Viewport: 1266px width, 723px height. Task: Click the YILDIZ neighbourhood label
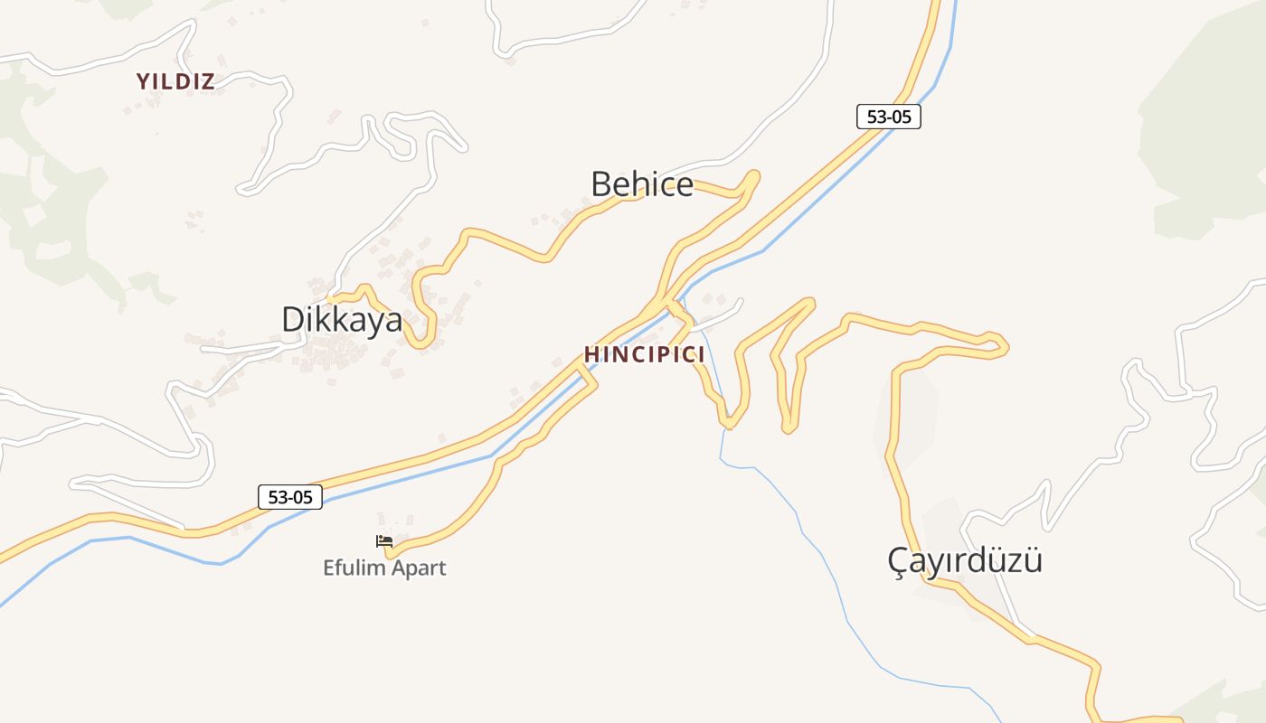click(175, 81)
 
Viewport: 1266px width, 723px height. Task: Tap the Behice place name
click(642, 184)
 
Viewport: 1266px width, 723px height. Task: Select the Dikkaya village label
click(342, 320)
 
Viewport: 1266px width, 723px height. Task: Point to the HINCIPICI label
click(645, 354)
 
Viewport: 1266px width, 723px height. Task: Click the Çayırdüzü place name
click(965, 560)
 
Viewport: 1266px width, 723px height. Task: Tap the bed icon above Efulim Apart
click(384, 541)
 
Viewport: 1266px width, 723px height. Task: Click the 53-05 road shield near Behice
click(889, 117)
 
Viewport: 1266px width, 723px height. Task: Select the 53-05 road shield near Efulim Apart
click(290, 496)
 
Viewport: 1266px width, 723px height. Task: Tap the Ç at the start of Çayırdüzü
click(898, 560)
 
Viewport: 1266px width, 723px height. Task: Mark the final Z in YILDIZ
click(208, 81)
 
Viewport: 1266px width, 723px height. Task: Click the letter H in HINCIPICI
click(591, 354)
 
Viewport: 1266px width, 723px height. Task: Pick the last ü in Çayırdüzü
click(1032, 560)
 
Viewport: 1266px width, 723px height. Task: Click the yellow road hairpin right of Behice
click(752, 177)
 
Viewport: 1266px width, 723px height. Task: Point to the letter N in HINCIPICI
click(616, 354)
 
